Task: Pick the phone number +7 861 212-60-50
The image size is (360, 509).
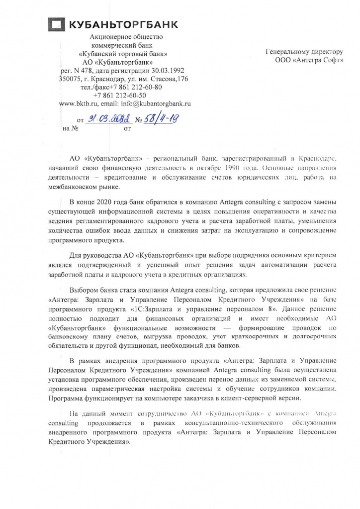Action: click(x=119, y=95)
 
